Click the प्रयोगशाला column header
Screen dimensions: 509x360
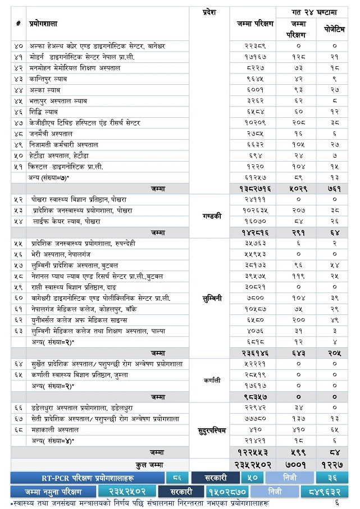click(43, 24)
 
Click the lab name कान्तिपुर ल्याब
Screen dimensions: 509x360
click(48, 79)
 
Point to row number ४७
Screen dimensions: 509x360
click(19, 123)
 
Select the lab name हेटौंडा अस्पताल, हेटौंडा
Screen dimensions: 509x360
click(59, 155)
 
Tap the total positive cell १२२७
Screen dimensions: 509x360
click(335, 465)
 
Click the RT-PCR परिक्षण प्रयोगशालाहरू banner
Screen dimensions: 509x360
click(88, 478)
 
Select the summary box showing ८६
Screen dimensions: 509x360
click(177, 478)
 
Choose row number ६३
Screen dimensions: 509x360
click(19, 331)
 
